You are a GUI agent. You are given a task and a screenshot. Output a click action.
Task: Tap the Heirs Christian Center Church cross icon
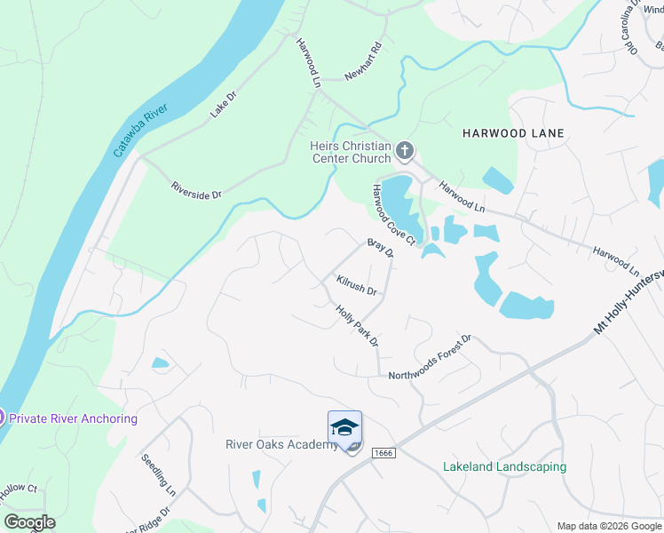pyautogui.click(x=404, y=151)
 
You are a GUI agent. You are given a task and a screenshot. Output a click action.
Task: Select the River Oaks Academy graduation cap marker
pyautogui.click(x=344, y=429)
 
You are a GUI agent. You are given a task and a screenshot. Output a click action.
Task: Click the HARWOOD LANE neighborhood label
pyautogui.click(x=513, y=133)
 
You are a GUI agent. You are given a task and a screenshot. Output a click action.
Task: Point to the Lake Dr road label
pyautogui.click(x=224, y=105)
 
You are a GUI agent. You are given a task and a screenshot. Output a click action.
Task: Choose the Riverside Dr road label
pyautogui.click(x=196, y=189)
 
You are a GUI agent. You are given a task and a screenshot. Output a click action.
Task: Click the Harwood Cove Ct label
pyautogui.click(x=393, y=216)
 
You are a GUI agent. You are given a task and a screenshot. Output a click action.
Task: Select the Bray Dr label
pyautogui.click(x=380, y=247)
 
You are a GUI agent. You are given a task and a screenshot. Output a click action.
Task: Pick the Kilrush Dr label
pyautogui.click(x=357, y=285)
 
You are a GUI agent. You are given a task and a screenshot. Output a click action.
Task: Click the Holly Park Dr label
pyautogui.click(x=357, y=325)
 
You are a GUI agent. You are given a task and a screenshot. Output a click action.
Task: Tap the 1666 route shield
pyautogui.click(x=383, y=453)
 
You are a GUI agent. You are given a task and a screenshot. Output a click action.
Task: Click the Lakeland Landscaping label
pyautogui.click(x=504, y=466)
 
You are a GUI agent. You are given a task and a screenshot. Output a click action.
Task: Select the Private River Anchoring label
pyautogui.click(x=73, y=418)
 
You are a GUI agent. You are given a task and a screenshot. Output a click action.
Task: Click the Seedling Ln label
pyautogui.click(x=158, y=475)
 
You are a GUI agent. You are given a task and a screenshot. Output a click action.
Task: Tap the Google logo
pyautogui.click(x=30, y=522)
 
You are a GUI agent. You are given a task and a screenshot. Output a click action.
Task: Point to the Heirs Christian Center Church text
pyautogui.click(x=350, y=152)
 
